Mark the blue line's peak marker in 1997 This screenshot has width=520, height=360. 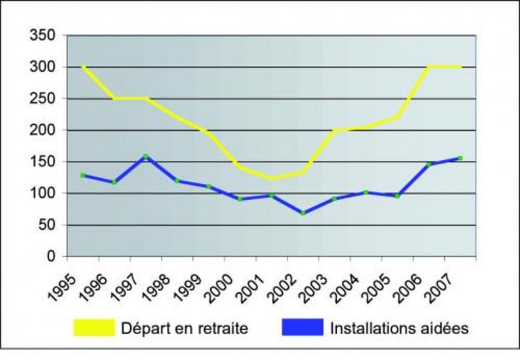coord(145,157)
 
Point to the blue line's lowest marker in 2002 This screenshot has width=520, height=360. coord(303,212)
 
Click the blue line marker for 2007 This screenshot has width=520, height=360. coord(460,158)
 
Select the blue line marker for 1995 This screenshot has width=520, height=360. coord(83,175)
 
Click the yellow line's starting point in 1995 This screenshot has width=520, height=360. coord(83,67)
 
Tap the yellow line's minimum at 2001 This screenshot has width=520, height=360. coord(271,178)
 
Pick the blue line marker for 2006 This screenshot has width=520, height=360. coord(429,164)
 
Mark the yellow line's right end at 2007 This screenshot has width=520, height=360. coord(460,67)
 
